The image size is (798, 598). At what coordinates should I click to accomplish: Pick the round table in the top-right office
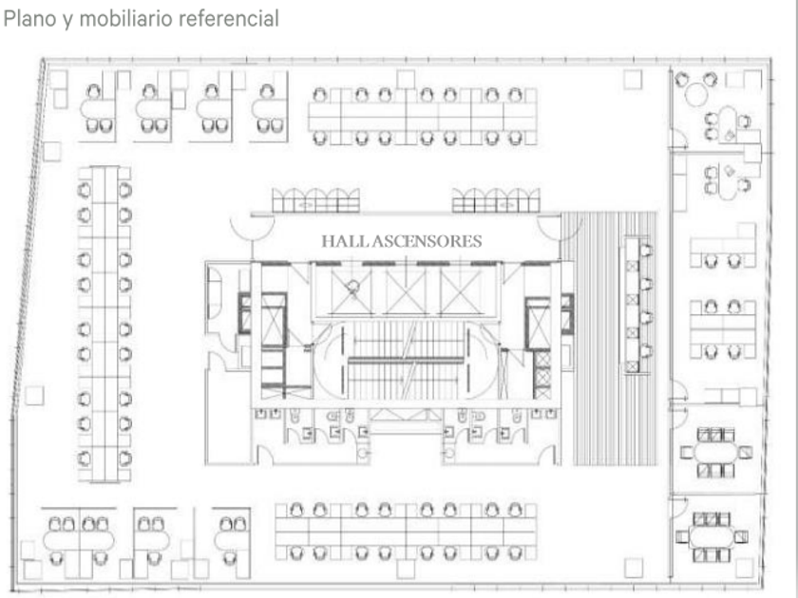(697, 94)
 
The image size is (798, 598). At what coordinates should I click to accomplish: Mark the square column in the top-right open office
(633, 80)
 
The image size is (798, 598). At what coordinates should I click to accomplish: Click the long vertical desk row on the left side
(104, 323)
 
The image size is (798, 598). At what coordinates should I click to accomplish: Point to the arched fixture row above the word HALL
(316, 200)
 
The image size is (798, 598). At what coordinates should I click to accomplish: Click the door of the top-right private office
(677, 140)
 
